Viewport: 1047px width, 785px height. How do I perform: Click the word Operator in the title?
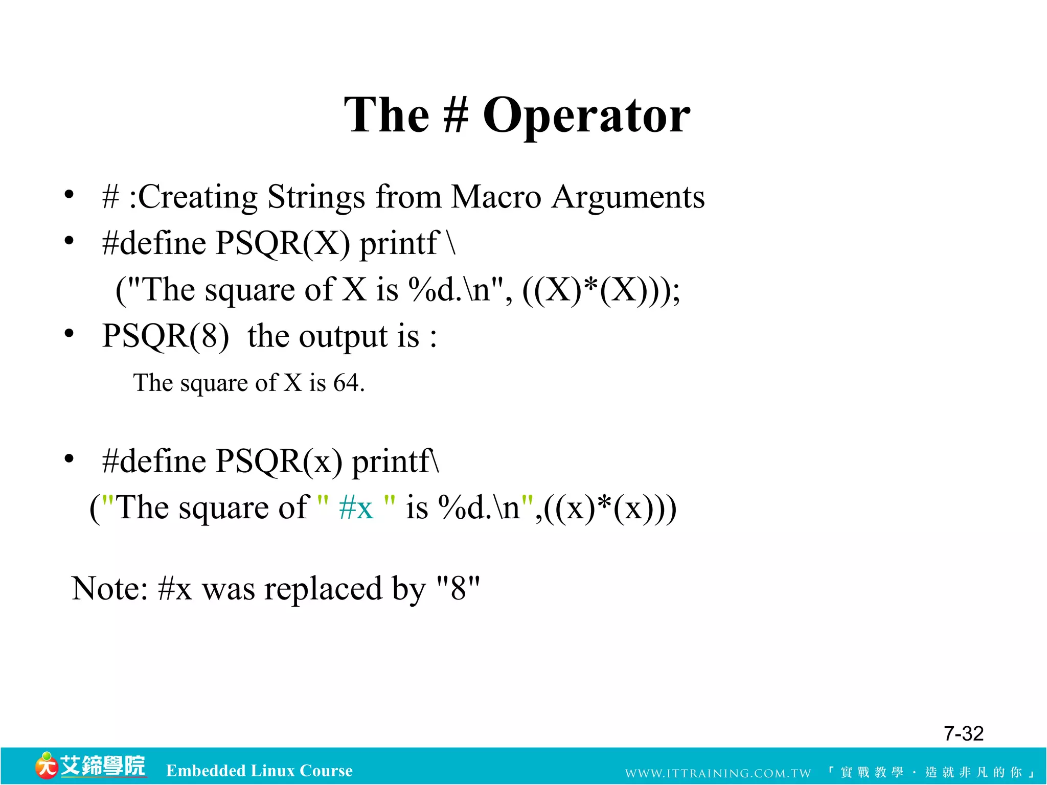(x=586, y=117)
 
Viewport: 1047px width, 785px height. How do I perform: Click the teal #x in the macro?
(x=356, y=509)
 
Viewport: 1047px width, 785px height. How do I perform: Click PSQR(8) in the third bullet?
(x=165, y=337)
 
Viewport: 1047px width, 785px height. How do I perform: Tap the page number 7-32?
(x=963, y=734)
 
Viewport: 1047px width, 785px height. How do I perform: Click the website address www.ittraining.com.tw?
(x=718, y=773)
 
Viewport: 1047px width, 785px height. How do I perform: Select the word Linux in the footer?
(x=272, y=770)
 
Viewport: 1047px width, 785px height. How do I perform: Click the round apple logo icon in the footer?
(x=46, y=766)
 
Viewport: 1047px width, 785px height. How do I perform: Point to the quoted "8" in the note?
(x=458, y=588)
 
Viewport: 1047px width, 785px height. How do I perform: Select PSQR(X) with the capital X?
(x=282, y=243)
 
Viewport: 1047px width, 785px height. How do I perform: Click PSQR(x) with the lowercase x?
(x=279, y=461)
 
